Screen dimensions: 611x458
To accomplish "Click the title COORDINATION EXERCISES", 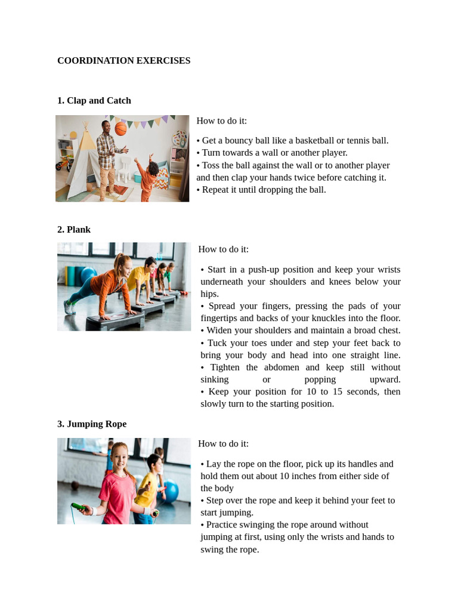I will pyautogui.click(x=123, y=61).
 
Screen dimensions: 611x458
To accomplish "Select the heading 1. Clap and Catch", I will pyautogui.click(x=94, y=101).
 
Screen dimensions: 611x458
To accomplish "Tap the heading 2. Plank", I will pyautogui.click(x=73, y=230).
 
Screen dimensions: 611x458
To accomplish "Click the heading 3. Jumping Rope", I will pyautogui.click(x=91, y=424).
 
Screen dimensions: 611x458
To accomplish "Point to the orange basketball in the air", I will pyautogui.click(x=121, y=128).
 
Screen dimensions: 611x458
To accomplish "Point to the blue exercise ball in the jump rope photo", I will pyautogui.click(x=170, y=492).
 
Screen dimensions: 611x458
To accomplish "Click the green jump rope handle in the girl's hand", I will pyautogui.click(x=79, y=508).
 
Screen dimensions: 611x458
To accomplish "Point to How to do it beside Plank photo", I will pyautogui.click(x=223, y=249).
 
